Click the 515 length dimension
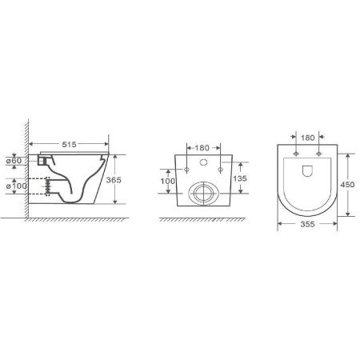pos(69,144)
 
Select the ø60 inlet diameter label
pos(14,161)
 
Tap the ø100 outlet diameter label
pos(16,186)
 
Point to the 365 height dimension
pos(114,180)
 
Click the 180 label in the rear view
pos(202,148)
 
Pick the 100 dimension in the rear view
pos(168,181)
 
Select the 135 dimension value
pos(240,178)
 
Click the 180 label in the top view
pos(308,138)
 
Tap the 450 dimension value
pos(347,184)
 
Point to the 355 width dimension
pos(307,224)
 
